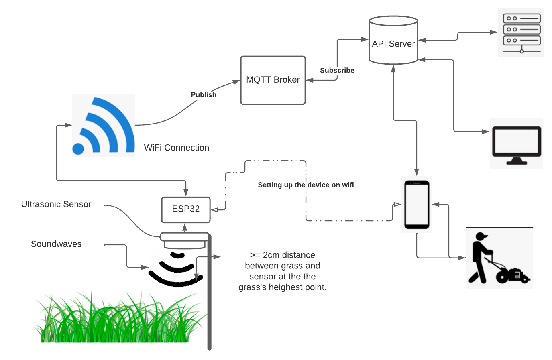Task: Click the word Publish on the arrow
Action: (204, 95)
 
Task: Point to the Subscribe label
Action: (337, 71)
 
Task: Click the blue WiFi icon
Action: (104, 125)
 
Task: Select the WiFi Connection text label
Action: (177, 148)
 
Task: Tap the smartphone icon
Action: (417, 205)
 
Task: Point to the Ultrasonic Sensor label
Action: (56, 204)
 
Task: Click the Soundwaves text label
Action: (56, 244)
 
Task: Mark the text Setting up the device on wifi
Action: (306, 185)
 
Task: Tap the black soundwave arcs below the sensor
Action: (176, 269)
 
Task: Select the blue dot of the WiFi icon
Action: (78, 149)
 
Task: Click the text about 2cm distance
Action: (282, 271)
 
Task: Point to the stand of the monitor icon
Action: (517, 161)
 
